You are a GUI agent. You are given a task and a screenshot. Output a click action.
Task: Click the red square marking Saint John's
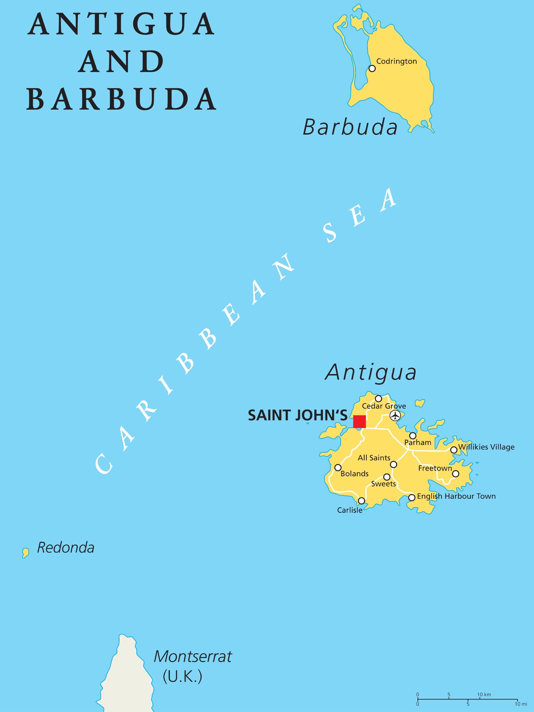pyautogui.click(x=359, y=422)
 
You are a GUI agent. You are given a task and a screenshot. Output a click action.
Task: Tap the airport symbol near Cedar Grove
pyautogui.click(x=395, y=415)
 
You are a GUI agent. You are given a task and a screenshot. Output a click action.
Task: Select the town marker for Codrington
pyautogui.click(x=372, y=68)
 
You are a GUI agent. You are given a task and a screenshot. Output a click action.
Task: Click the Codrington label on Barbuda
pyautogui.click(x=396, y=61)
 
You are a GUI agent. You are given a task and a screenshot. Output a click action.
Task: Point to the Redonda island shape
pyautogui.click(x=25, y=553)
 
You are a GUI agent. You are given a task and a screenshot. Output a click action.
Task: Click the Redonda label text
pyautogui.click(x=66, y=548)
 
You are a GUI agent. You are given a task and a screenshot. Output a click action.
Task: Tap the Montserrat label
pyautogui.click(x=192, y=656)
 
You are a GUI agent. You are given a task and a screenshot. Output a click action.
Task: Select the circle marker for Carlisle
pyautogui.click(x=362, y=501)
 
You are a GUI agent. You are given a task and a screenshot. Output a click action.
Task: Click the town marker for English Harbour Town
pyautogui.click(x=412, y=498)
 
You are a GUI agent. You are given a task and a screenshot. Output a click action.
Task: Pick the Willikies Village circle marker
pyautogui.click(x=454, y=450)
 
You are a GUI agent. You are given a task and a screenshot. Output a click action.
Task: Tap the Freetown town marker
pyautogui.click(x=456, y=473)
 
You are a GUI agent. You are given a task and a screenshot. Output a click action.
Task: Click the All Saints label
pyautogui.click(x=374, y=458)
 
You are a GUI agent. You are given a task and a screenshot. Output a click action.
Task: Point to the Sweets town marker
pyautogui.click(x=387, y=477)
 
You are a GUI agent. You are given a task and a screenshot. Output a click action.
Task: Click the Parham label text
pyautogui.click(x=417, y=442)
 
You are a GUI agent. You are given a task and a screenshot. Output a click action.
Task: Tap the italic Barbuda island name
pyautogui.click(x=350, y=127)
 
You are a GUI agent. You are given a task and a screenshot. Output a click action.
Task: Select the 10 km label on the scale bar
pyautogui.click(x=484, y=694)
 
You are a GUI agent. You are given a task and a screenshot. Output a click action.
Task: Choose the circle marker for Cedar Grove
pyautogui.click(x=379, y=399)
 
